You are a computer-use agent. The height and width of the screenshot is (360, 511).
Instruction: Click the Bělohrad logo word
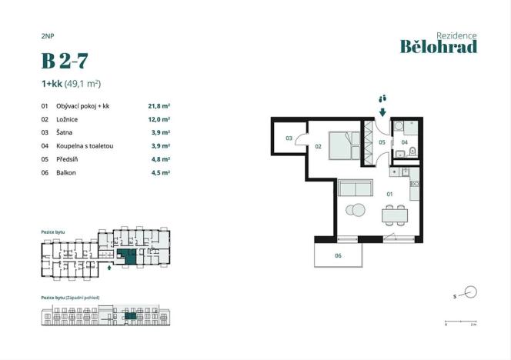[x=438, y=47]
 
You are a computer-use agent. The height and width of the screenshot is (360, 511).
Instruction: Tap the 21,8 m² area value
[x=159, y=106]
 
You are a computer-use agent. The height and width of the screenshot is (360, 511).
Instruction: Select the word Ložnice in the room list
[x=68, y=120]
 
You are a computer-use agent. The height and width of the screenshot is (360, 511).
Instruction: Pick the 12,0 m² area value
[x=159, y=120]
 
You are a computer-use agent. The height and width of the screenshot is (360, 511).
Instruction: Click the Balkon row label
[x=67, y=172]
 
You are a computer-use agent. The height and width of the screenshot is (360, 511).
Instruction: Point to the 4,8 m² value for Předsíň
[x=159, y=159]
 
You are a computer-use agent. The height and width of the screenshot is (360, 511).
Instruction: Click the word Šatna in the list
[x=65, y=133]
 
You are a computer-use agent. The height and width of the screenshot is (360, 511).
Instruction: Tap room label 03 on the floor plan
[x=289, y=139]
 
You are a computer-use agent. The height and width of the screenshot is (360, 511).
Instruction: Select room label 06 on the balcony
[x=338, y=255]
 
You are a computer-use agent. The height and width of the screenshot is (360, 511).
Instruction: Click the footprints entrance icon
[x=382, y=98]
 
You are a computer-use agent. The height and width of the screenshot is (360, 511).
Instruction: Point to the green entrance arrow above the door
[x=382, y=112]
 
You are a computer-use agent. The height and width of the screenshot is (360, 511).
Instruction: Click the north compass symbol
[x=470, y=292]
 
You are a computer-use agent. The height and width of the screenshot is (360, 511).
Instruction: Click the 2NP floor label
[x=48, y=35]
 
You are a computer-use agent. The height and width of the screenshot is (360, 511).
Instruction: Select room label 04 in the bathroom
[x=404, y=142]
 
